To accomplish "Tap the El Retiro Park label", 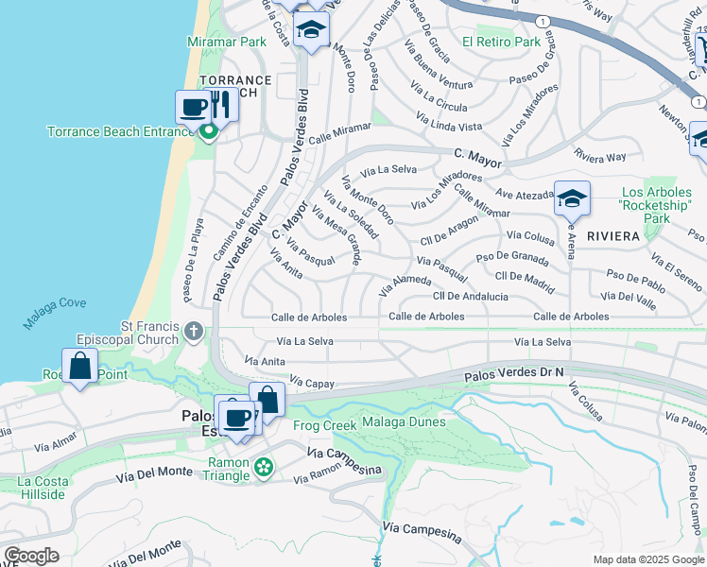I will [x=501, y=42].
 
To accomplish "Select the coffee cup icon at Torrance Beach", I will [x=194, y=106].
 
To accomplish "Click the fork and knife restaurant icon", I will [x=220, y=104].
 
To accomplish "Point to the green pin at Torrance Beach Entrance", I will [x=208, y=132].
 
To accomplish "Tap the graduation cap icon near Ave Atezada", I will [x=572, y=198].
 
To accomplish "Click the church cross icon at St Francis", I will [x=194, y=331].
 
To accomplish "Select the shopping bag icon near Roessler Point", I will [x=80, y=366].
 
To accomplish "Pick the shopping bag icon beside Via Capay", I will [x=267, y=399].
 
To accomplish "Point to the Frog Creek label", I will [x=326, y=425].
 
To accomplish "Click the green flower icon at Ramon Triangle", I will [x=264, y=466].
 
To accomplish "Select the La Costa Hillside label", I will [x=43, y=488].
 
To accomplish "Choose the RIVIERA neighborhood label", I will [x=613, y=235].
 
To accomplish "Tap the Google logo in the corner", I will [x=31, y=556].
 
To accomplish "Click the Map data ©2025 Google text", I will [x=647, y=559].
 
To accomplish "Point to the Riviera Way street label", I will [x=600, y=157].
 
